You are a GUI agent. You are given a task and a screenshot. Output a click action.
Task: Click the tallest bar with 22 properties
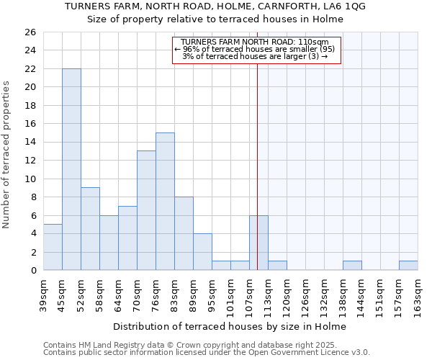(x=71, y=169)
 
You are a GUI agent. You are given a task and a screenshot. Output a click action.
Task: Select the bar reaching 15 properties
(x=165, y=202)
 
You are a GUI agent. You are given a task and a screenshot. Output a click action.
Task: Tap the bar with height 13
(x=146, y=210)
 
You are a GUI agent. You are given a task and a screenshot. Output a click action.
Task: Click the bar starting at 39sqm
(x=53, y=247)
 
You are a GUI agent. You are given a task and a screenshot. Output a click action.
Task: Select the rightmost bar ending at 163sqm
(x=408, y=266)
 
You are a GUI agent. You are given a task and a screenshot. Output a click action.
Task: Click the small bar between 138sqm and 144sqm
(x=352, y=266)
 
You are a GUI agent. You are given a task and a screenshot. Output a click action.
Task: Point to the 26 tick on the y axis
(x=30, y=32)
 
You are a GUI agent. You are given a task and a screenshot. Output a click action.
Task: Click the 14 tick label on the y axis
(x=30, y=143)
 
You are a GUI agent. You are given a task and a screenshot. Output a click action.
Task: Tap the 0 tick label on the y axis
(x=32, y=271)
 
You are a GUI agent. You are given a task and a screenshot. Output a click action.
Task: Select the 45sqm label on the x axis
(x=62, y=293)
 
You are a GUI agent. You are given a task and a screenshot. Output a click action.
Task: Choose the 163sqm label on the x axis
(x=418, y=294)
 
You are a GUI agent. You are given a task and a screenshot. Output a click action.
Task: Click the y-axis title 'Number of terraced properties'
(x=7, y=155)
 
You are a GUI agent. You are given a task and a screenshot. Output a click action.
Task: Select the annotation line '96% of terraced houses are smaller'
(x=254, y=50)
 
